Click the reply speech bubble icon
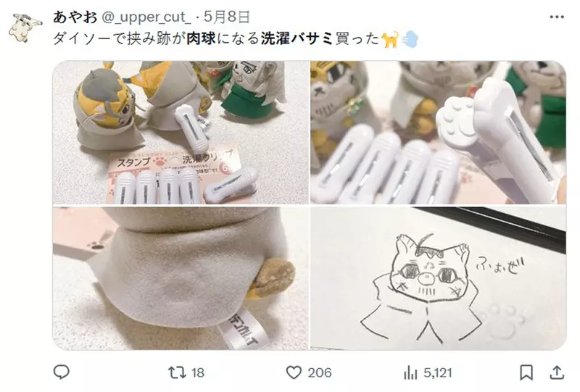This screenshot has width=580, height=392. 62,372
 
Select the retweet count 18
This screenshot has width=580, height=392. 198,372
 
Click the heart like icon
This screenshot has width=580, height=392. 293,372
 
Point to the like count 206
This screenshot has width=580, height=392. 319,372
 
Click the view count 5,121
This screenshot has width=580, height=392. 437,372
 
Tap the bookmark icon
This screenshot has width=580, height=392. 527,372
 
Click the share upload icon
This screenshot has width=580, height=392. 557,372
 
